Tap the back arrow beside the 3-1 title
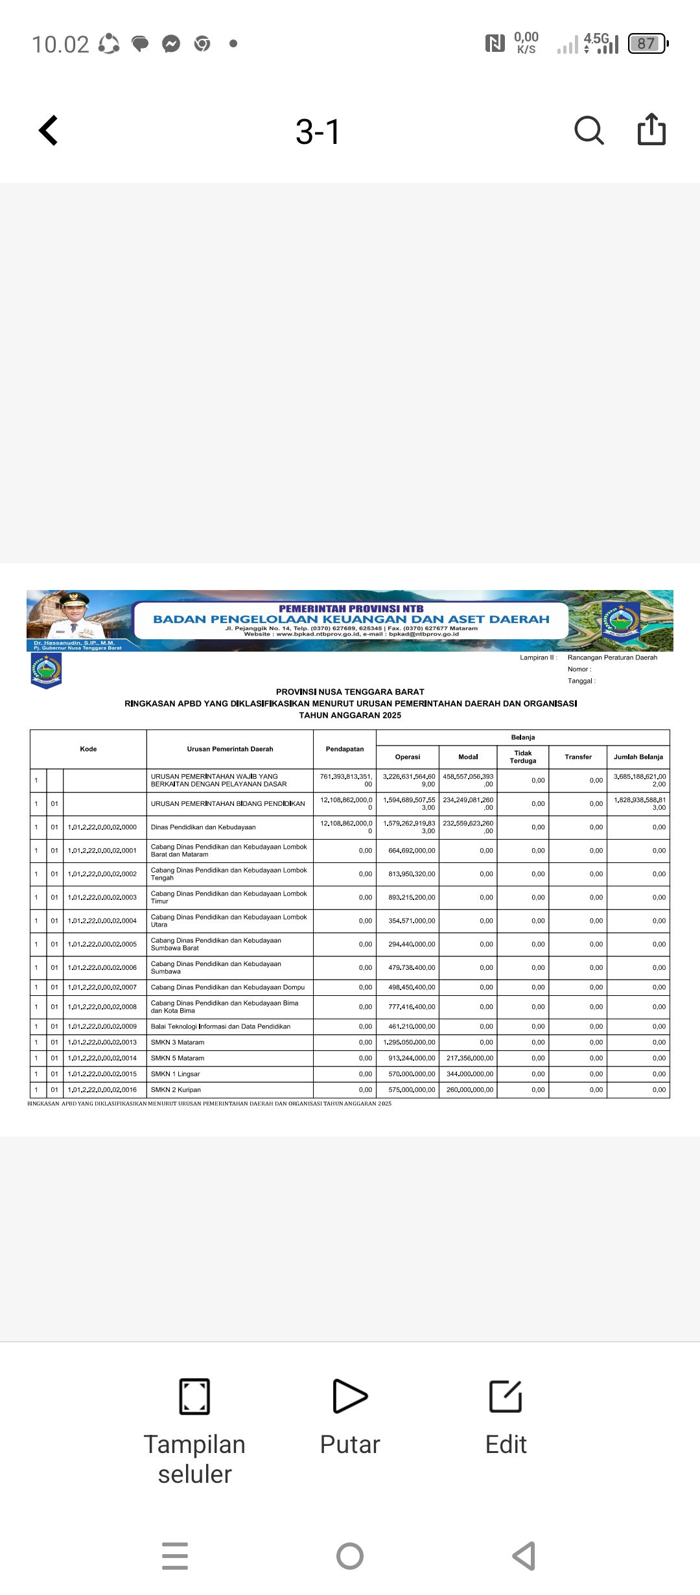tap(49, 130)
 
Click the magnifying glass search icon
tap(589, 130)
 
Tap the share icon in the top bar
tap(651, 129)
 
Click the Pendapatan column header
tap(345, 749)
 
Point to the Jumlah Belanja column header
tap(638, 757)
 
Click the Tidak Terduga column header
tap(523, 757)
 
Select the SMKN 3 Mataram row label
tap(178, 1042)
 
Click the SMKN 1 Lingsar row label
tap(176, 1074)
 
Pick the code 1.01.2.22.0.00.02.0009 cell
tap(102, 1026)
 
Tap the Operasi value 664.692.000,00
tap(412, 851)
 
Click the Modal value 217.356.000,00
tap(470, 1058)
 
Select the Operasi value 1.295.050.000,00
tap(410, 1042)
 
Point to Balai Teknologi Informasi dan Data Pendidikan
tap(221, 1026)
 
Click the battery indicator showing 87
tap(647, 43)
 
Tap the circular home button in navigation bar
tap(350, 1555)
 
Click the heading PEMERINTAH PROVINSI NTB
tap(351, 609)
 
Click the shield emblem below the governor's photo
tap(46, 670)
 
